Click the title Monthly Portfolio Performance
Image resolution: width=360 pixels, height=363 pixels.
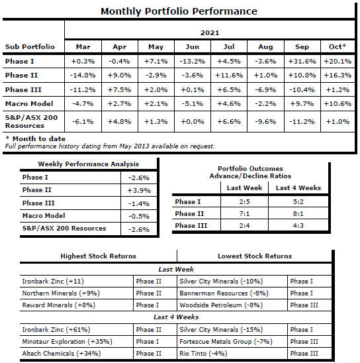(179, 11)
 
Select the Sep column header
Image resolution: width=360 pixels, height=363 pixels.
(302, 47)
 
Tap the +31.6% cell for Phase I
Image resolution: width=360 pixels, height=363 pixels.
(302, 62)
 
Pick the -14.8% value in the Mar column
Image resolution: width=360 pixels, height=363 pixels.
(83, 76)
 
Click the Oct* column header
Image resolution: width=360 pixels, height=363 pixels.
(337, 46)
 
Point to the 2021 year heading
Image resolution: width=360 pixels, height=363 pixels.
(210, 32)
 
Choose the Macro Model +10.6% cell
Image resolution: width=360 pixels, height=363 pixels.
(337, 103)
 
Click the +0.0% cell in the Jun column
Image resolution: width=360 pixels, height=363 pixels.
(192, 121)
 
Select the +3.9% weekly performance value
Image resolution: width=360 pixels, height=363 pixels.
(139, 190)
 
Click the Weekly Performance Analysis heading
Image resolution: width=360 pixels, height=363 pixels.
(88, 164)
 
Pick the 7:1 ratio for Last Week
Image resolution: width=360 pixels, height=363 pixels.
(244, 213)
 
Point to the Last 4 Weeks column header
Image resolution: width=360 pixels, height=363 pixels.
(298, 187)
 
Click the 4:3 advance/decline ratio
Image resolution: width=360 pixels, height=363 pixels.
(298, 225)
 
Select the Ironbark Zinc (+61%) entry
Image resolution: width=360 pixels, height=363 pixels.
(56, 329)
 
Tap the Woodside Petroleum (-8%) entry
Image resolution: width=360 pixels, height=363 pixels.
(221, 305)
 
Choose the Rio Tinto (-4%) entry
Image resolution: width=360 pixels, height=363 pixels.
(203, 354)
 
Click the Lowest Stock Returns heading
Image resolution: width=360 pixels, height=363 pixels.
(255, 256)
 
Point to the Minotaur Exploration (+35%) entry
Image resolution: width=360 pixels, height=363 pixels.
(67, 341)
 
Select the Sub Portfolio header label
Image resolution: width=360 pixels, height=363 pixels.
(30, 46)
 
